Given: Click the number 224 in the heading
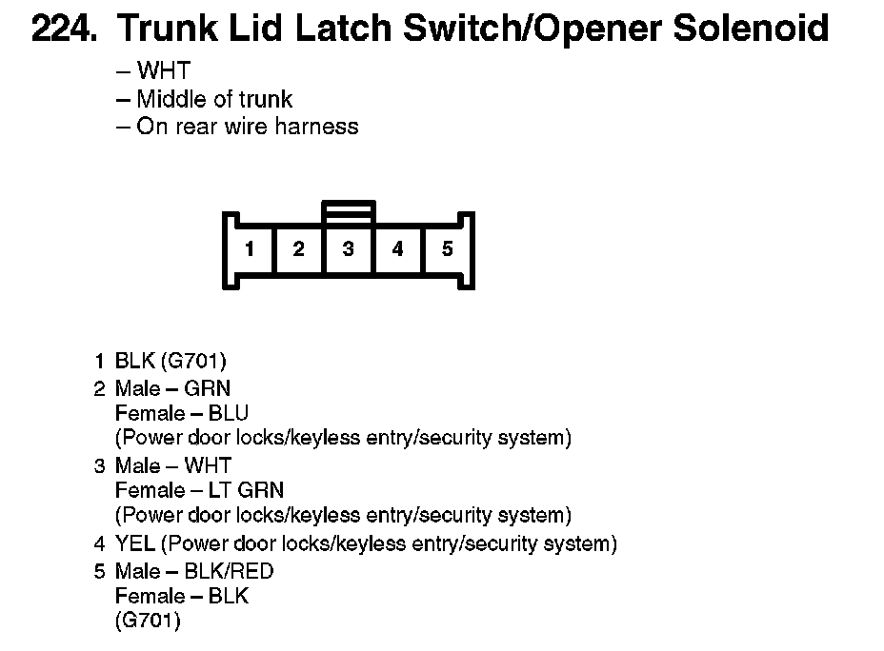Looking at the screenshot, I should coord(63,29).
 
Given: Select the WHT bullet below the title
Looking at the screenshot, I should coord(163,70).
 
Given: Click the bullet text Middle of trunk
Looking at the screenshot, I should coord(214,98).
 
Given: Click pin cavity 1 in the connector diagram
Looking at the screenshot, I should coord(250,249).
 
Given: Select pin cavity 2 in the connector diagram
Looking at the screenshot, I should coord(299,249).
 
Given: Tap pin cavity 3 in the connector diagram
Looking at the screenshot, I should coord(349,249).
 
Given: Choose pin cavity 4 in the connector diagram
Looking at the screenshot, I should coord(398,249).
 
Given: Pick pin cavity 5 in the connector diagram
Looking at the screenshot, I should coord(448,249).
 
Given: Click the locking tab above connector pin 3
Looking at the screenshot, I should coord(349,210).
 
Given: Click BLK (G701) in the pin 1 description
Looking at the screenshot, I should coord(171,361).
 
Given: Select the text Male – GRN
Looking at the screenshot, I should coord(172,388).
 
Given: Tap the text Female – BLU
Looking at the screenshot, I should coord(181,413).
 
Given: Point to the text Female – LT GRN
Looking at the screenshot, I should coord(199,490).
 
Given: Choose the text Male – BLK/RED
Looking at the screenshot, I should coord(194,571).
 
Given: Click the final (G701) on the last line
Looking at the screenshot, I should coord(148,621).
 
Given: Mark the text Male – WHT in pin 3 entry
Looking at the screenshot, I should coord(173,465).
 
